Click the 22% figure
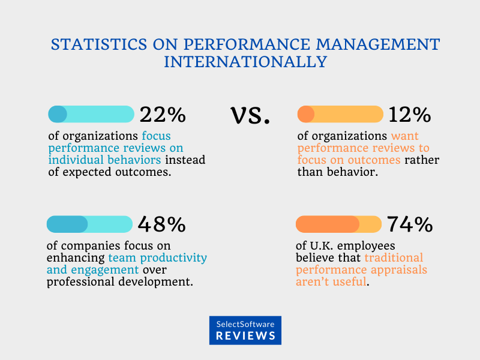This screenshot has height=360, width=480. [163, 115]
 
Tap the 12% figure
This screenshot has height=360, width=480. [410, 115]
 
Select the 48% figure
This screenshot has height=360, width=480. [162, 224]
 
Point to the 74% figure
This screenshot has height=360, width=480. [410, 224]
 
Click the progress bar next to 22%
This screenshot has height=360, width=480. [91, 114]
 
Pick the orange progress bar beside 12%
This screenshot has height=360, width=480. [340, 114]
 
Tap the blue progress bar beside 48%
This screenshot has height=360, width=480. [90, 224]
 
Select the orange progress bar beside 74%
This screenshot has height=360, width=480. [338, 224]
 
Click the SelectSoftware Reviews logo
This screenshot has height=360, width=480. [245, 330]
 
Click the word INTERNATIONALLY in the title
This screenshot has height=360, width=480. [246, 62]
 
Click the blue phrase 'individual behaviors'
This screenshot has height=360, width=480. [104, 160]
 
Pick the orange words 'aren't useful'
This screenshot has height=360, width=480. [331, 281]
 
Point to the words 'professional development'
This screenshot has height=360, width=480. [120, 281]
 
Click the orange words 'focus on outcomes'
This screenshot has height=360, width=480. [349, 160]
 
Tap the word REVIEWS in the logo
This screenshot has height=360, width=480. [246, 336]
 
